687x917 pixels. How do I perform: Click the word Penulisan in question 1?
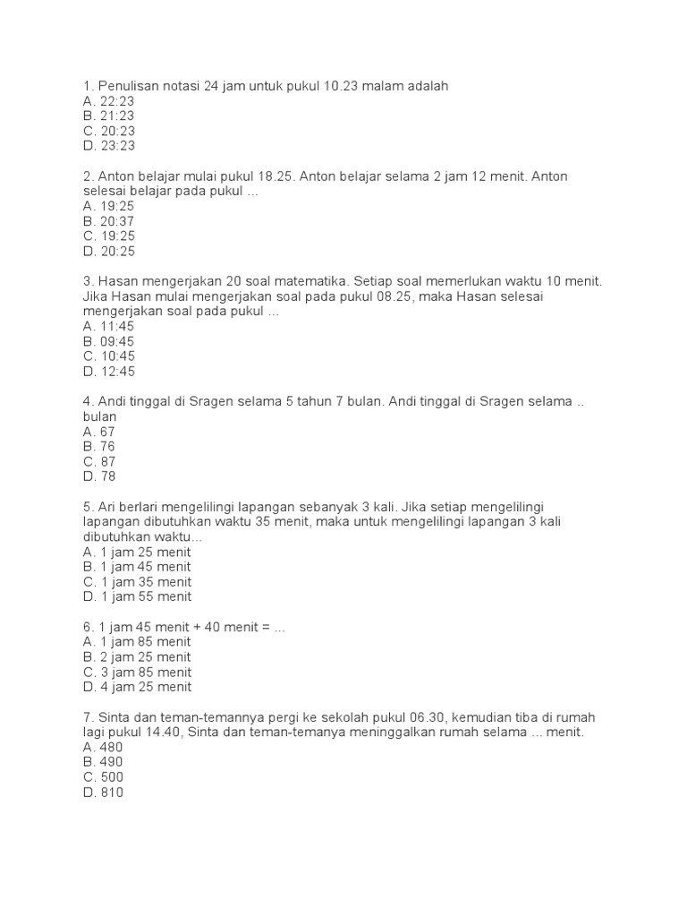129,86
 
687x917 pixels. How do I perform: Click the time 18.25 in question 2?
276,176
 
